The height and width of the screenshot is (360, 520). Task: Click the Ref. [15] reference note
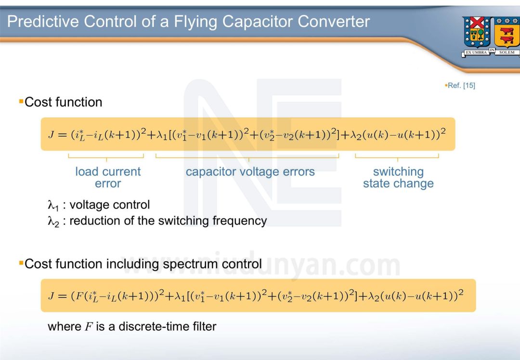pyautogui.click(x=461, y=86)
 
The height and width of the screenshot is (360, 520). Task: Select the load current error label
pyautogui.click(x=108, y=178)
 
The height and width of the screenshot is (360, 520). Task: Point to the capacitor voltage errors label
pyautogui.click(x=250, y=172)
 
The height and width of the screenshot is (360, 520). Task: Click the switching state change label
pyautogui.click(x=398, y=178)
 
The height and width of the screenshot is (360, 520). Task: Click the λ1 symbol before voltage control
pyautogui.click(x=52, y=206)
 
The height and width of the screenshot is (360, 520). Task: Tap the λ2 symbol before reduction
pyautogui.click(x=52, y=221)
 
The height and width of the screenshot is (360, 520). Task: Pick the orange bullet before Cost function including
pyautogui.click(x=21, y=263)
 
